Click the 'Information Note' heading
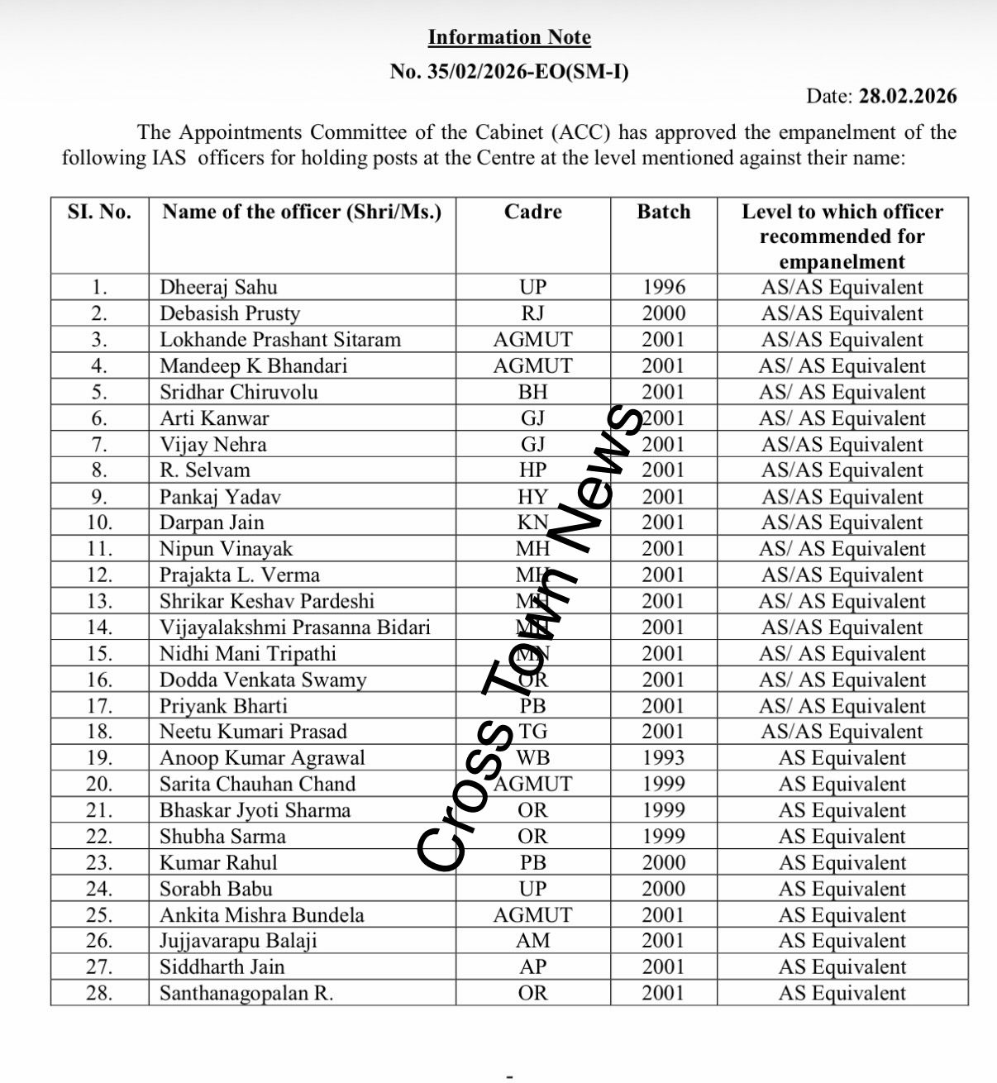[x=509, y=37]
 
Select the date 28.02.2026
[x=908, y=96]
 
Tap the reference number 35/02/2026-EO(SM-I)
[x=528, y=72]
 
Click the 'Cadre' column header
[x=532, y=212]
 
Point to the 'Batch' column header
[x=663, y=212]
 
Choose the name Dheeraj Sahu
[x=218, y=287]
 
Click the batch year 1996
[x=664, y=287]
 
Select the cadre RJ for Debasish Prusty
[x=533, y=313]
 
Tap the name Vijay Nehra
[x=213, y=444]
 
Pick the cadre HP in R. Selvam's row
[x=533, y=470]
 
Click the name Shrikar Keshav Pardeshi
[x=267, y=601]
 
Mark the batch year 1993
[x=664, y=757]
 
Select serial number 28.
[x=99, y=993]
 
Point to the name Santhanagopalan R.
[x=246, y=993]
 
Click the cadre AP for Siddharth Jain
[x=533, y=966]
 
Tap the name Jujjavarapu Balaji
[x=238, y=941]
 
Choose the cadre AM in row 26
[x=533, y=941]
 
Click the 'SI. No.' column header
[x=99, y=212]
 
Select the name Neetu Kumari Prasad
[x=253, y=731]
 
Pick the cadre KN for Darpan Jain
[x=533, y=522]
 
